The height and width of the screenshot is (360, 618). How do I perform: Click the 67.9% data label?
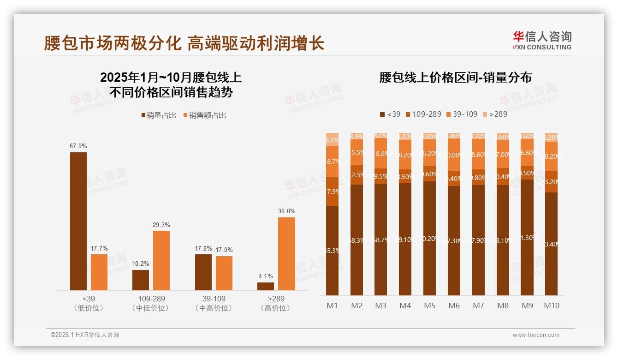coord(78,146)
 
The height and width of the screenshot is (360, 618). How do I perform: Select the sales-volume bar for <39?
coord(78,221)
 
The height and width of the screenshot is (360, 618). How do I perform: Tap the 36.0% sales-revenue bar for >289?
coord(286,253)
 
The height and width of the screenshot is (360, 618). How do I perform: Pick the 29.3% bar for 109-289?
coord(161,260)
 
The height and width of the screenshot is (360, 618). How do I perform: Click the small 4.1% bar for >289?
coord(266,286)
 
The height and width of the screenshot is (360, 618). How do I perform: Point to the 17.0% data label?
coord(224,249)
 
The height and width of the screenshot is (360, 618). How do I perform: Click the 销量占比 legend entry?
coord(159,115)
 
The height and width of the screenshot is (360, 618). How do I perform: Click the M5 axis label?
coord(429,306)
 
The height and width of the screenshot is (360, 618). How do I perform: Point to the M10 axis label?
coord(551,306)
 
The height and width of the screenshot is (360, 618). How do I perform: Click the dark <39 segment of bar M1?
coord(332,251)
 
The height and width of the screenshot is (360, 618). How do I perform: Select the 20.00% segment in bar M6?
coord(454,156)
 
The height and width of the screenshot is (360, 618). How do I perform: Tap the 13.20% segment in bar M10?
coord(551,182)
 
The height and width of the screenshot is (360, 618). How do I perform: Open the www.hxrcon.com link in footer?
coord(535,335)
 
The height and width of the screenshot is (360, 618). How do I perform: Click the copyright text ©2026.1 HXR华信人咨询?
coord(84,335)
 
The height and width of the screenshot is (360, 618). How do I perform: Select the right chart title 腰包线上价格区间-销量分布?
coord(455,78)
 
